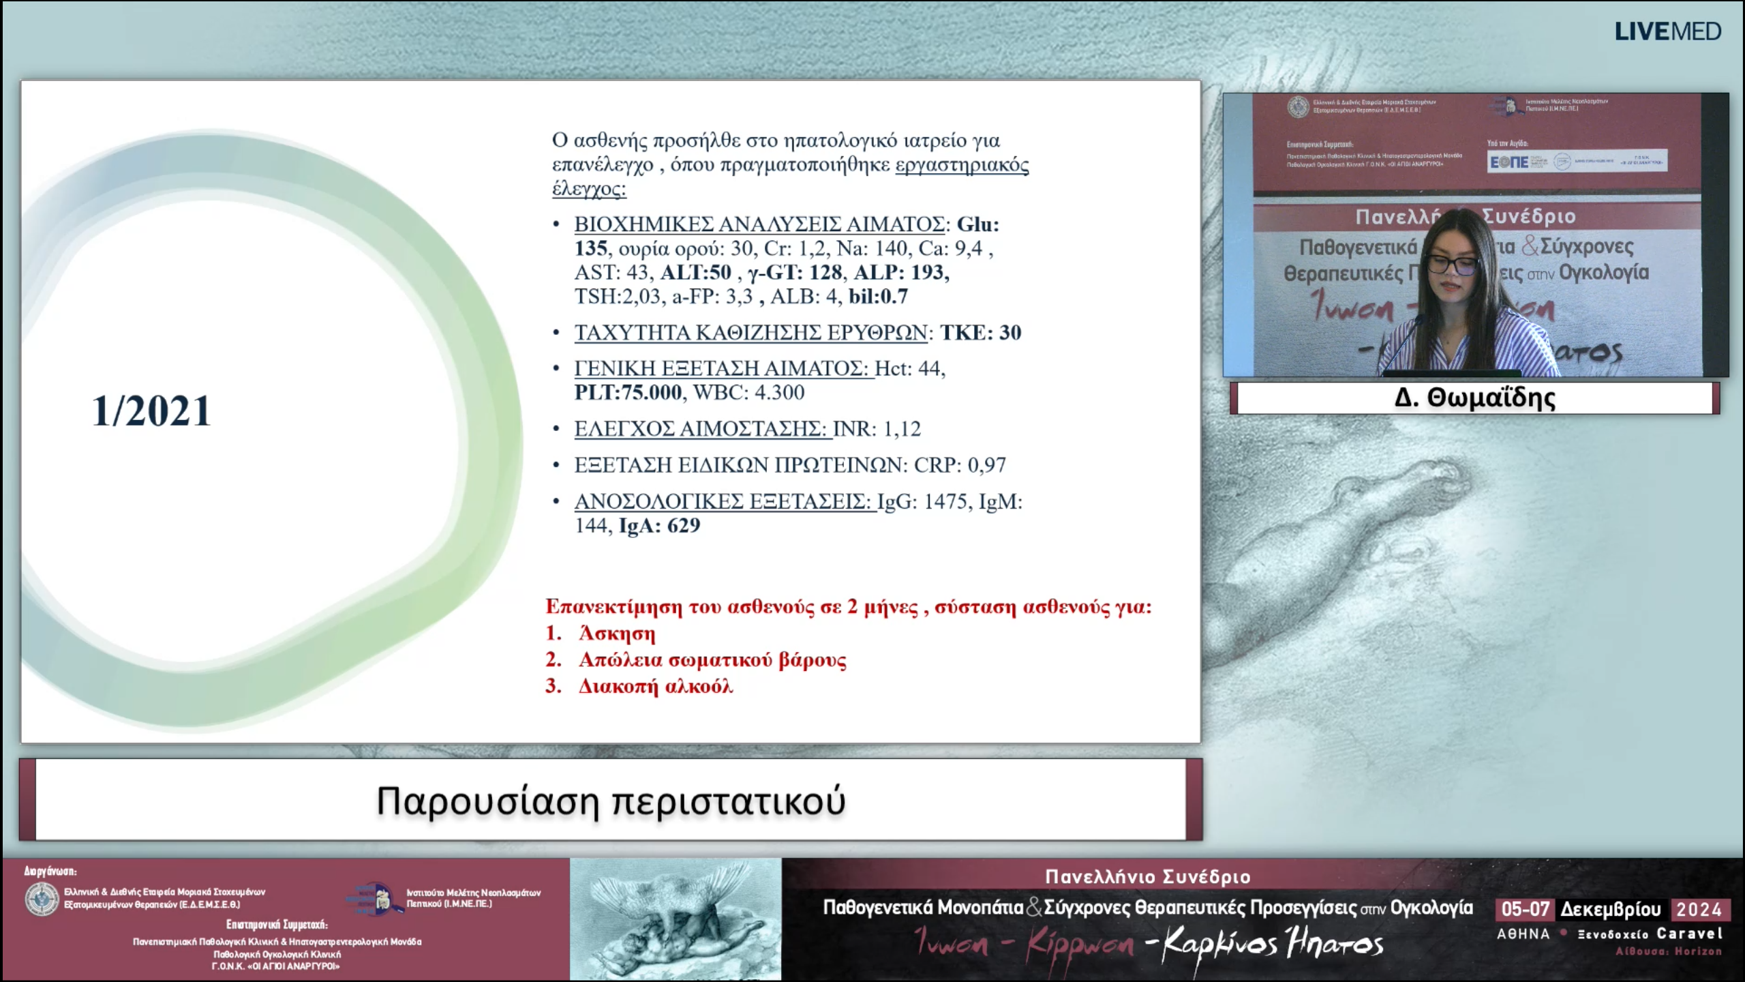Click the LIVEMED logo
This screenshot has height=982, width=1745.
tap(1667, 31)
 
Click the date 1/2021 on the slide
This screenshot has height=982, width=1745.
tap(151, 411)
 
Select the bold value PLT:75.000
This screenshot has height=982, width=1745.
tap(628, 392)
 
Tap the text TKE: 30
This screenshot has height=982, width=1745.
tap(980, 333)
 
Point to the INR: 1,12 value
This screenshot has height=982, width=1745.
tap(877, 429)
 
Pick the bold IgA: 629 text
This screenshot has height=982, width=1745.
tap(659, 526)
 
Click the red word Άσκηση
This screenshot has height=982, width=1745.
tap(617, 634)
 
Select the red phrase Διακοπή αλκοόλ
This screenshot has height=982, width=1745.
tap(656, 686)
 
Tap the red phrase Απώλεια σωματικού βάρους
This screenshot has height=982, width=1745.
tap(712, 660)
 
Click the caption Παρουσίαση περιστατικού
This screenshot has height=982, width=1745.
tap(611, 801)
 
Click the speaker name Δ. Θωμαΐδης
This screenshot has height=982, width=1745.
tap(1474, 398)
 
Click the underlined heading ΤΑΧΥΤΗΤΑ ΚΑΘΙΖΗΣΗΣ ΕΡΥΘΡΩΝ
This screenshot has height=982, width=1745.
tap(750, 333)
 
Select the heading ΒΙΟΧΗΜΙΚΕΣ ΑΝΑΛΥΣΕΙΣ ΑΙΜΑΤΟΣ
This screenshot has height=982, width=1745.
tap(759, 224)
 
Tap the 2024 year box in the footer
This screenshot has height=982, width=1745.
tap(1699, 909)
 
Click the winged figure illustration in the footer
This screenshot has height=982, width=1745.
tap(675, 919)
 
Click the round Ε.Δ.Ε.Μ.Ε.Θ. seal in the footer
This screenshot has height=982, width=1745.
tap(42, 898)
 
